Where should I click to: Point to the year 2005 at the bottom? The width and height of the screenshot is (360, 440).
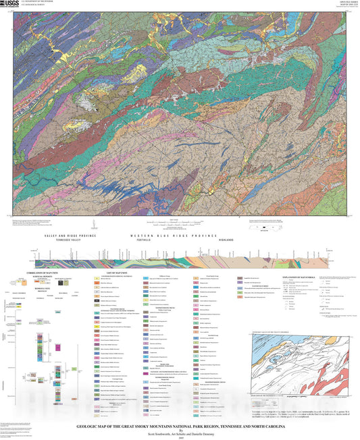[x=179, y=436]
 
